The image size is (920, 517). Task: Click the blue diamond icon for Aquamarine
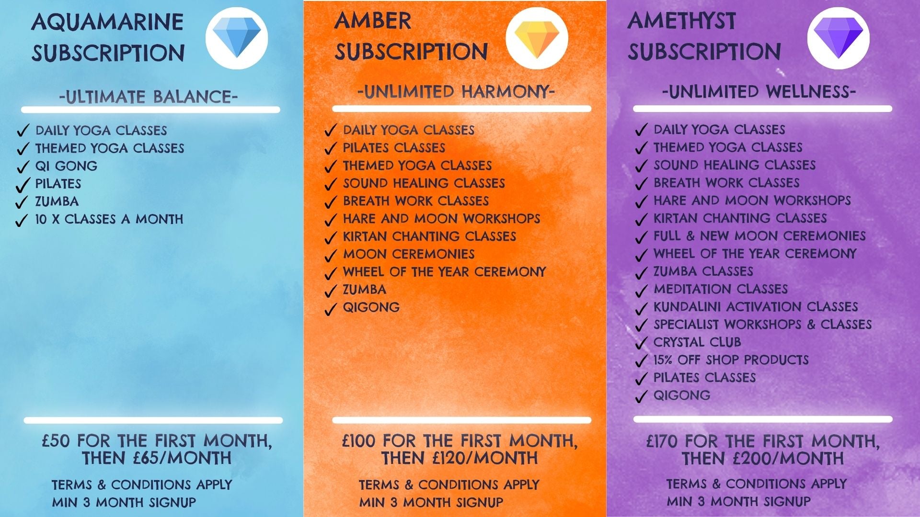click(x=237, y=37)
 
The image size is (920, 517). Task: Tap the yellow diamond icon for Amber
click(x=537, y=37)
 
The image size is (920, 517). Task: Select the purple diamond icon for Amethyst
click(x=838, y=37)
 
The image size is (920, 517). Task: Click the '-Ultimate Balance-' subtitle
click(x=149, y=97)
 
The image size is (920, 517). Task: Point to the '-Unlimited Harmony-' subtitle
click(x=456, y=91)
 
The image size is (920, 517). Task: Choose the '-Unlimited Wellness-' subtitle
click(x=759, y=91)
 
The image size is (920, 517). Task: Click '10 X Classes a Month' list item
click(x=109, y=219)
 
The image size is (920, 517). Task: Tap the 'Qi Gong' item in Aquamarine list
click(x=66, y=166)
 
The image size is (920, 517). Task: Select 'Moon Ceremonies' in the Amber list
click(x=409, y=254)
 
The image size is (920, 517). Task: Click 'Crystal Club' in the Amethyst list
click(x=697, y=342)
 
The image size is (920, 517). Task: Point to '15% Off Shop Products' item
click(x=731, y=360)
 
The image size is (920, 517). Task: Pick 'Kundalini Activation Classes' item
click(x=756, y=307)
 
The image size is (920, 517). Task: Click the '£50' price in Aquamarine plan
click(x=56, y=440)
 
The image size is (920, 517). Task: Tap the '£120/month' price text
click(x=485, y=458)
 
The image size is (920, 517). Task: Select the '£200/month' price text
click(x=789, y=459)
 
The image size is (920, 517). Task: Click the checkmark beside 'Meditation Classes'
click(x=641, y=291)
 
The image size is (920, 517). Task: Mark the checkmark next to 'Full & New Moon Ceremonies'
click(x=641, y=238)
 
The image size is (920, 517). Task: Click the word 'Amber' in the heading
click(x=373, y=21)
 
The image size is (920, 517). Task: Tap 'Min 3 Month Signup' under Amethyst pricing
click(x=738, y=502)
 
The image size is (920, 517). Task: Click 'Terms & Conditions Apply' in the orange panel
click(x=449, y=485)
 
